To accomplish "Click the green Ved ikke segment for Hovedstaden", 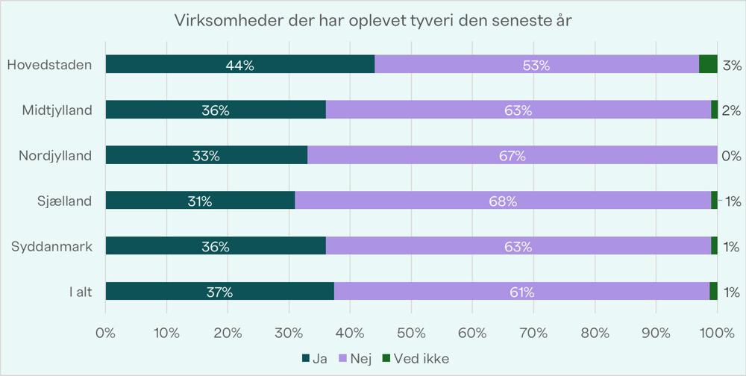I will click(x=708, y=65).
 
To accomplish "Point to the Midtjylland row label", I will click(x=57, y=110).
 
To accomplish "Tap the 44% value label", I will click(x=239, y=66).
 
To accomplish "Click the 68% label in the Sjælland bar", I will click(x=503, y=201).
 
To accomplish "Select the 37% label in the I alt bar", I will click(x=219, y=292).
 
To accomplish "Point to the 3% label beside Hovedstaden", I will click(x=732, y=66).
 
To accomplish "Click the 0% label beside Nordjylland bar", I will click(x=731, y=156).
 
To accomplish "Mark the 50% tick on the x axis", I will click(x=411, y=332).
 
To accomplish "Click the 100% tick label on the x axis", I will click(x=717, y=332).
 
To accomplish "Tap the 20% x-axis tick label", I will click(x=228, y=332).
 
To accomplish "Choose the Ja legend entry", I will click(x=318, y=359).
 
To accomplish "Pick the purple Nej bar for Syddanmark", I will click(x=518, y=246).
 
